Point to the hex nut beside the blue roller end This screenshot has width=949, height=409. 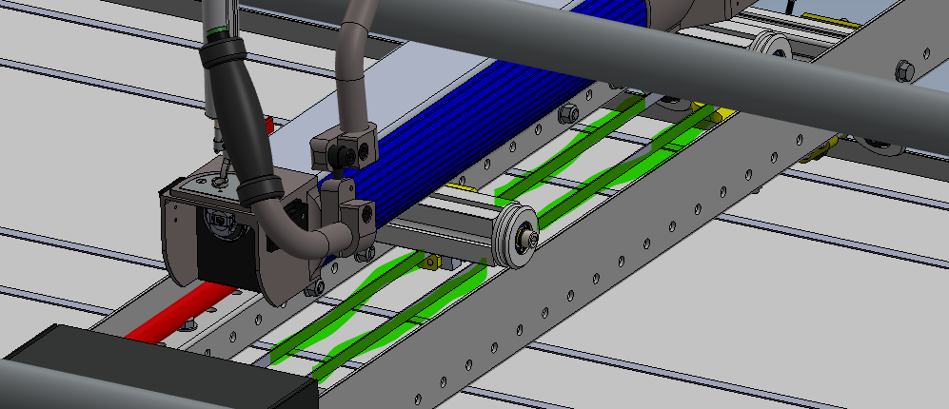pos(569,113)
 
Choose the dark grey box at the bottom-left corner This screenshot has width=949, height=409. pos(143,371)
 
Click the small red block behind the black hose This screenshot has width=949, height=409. pos(267,125)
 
